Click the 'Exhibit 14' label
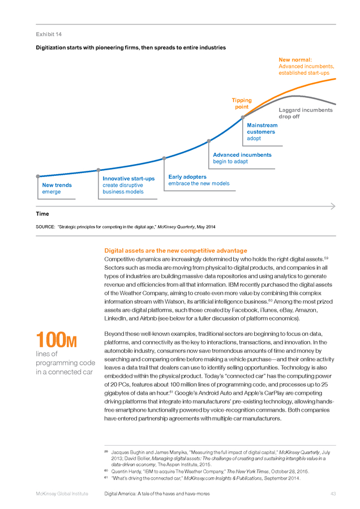(x=49, y=34)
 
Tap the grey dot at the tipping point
(x=243, y=118)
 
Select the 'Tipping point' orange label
(x=242, y=103)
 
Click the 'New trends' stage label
(x=57, y=185)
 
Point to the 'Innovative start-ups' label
(x=128, y=179)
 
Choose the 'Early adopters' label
(x=187, y=177)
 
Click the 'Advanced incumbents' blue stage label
(x=242, y=155)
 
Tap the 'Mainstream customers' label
(x=262, y=128)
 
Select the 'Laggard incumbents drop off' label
(x=306, y=113)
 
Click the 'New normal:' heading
(x=295, y=60)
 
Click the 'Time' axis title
(x=42, y=214)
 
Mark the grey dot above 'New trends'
(x=38, y=176)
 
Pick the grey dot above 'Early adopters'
(x=164, y=158)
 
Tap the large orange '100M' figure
(x=56, y=339)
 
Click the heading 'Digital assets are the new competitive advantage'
(x=176, y=251)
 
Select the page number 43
(x=333, y=494)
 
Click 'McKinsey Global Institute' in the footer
(x=62, y=494)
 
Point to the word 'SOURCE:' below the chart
(x=45, y=227)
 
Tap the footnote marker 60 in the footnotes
(x=106, y=471)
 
